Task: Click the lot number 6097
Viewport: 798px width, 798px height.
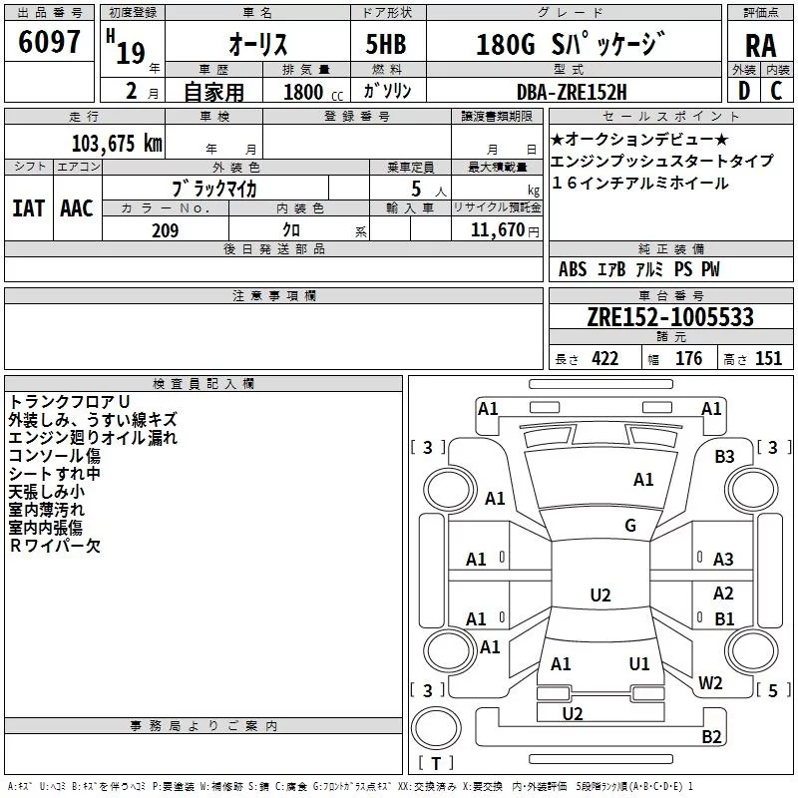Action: [50, 43]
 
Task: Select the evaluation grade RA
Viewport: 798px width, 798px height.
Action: [759, 45]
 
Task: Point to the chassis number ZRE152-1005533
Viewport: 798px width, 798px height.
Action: [669, 317]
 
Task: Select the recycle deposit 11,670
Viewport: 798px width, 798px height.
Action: [500, 230]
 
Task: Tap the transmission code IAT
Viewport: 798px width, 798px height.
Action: [29, 207]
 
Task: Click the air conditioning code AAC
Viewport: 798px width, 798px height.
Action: [76, 207]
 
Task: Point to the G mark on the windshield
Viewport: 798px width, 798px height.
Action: [630, 526]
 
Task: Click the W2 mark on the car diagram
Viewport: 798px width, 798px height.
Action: [710, 683]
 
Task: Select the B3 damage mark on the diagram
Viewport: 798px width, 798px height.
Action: [724, 456]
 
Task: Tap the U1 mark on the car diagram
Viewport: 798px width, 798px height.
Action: [639, 663]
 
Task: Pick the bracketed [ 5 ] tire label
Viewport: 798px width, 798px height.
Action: [772, 689]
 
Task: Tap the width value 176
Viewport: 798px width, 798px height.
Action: [688, 359]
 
